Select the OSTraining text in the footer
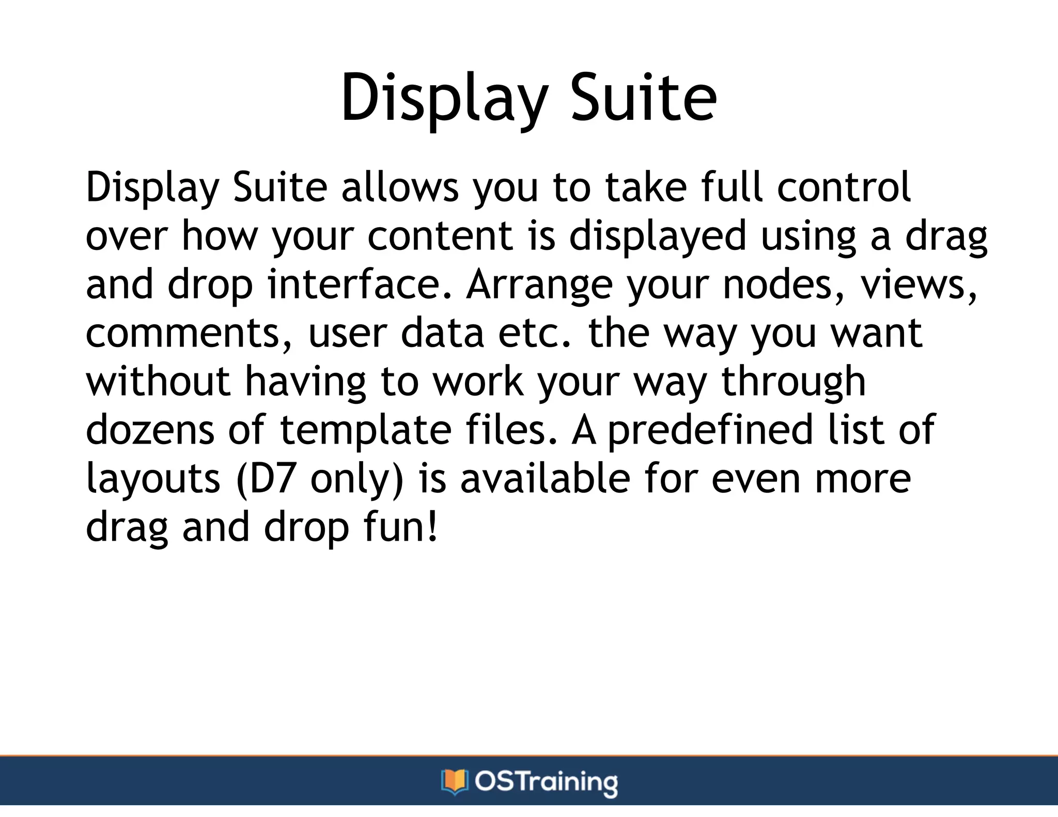point(546,782)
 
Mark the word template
point(366,430)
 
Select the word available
point(545,479)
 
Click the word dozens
point(150,430)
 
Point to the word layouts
point(153,479)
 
